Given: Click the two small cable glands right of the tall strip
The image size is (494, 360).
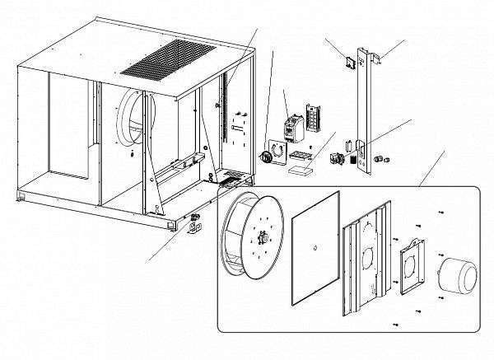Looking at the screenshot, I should [384, 156].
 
